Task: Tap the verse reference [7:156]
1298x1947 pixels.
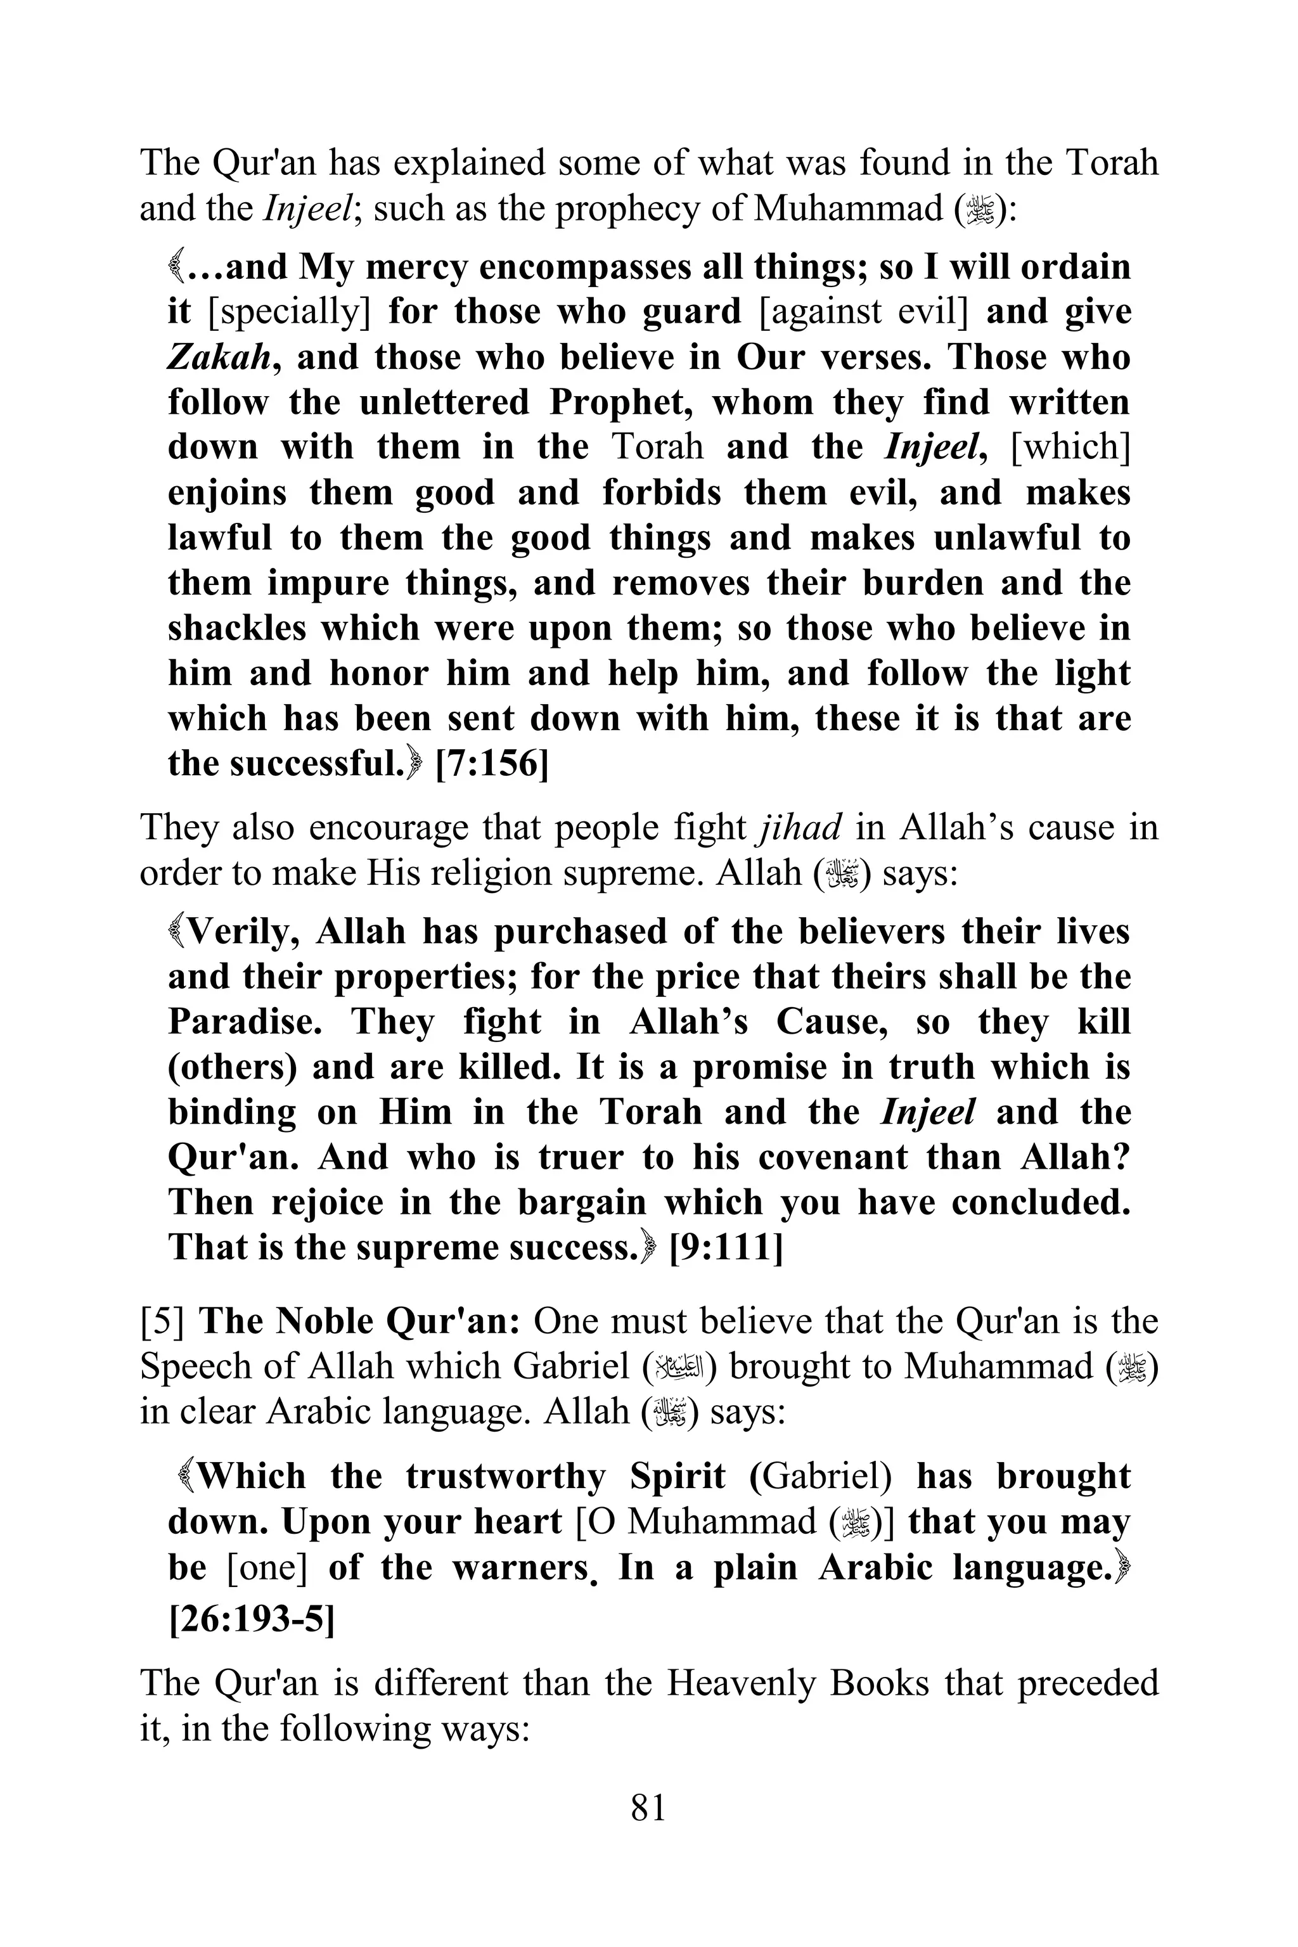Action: tap(492, 763)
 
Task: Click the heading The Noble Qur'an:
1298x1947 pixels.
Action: tap(360, 1321)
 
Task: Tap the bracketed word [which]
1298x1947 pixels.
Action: tap(1070, 447)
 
